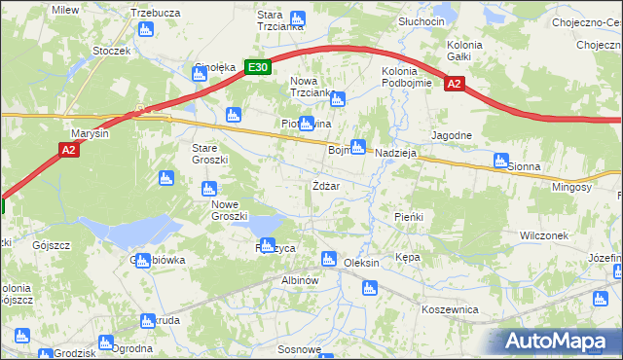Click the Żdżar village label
click(x=325, y=185)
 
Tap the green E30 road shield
click(x=257, y=67)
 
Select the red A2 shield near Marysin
click(x=67, y=150)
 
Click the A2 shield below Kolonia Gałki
click(x=455, y=85)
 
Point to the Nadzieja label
click(x=395, y=152)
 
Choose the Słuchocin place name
click(x=421, y=20)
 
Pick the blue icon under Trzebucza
click(x=145, y=29)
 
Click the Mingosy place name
click(x=571, y=186)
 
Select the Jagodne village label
click(x=453, y=135)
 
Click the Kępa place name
click(x=408, y=258)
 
